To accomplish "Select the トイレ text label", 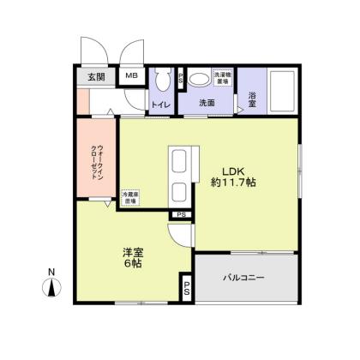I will pos(160,104).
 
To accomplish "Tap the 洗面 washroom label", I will pos(207,103).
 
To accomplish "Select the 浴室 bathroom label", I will pos(253,96).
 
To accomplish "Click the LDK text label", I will pos(233,169).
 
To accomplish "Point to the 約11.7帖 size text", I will pos(233,182).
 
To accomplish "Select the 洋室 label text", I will pos(131,251).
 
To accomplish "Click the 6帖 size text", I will pos(131,264).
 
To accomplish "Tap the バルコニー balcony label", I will pos(244,278).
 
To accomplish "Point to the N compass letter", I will pos(51,273).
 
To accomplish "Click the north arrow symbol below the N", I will pos(51,289).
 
